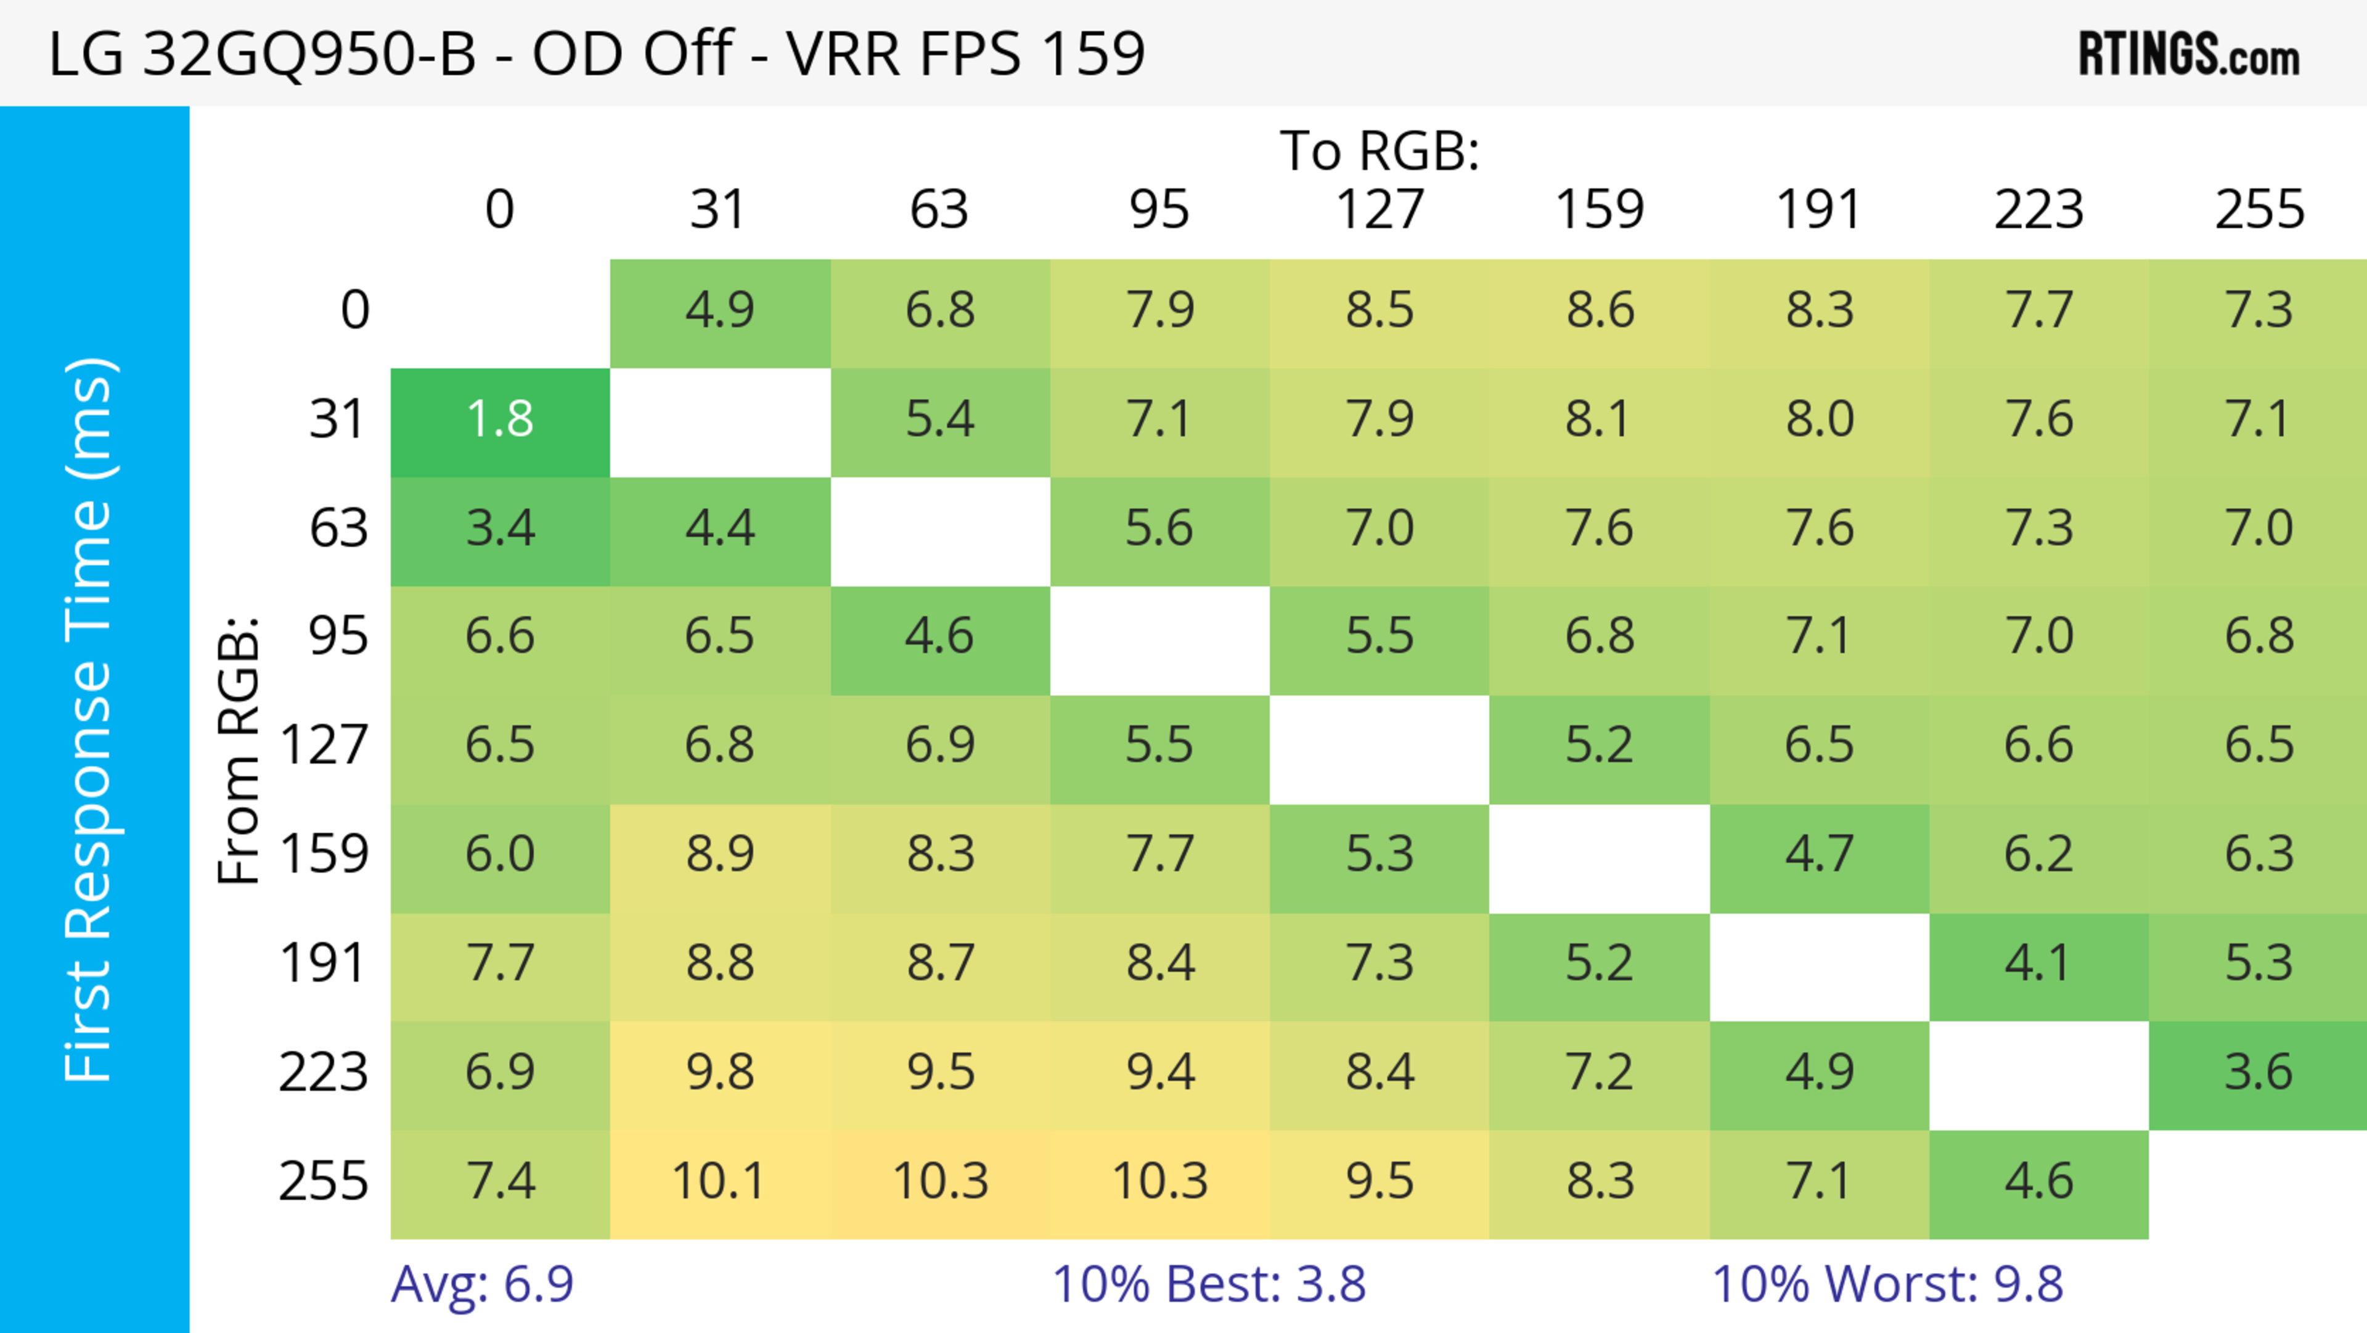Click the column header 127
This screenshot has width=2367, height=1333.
tap(1380, 210)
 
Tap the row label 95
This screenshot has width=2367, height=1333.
tap(338, 636)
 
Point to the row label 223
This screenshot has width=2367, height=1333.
tap(324, 1073)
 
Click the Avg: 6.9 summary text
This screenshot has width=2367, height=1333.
tap(483, 1284)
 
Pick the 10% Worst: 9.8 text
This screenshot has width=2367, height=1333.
tap(1887, 1284)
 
